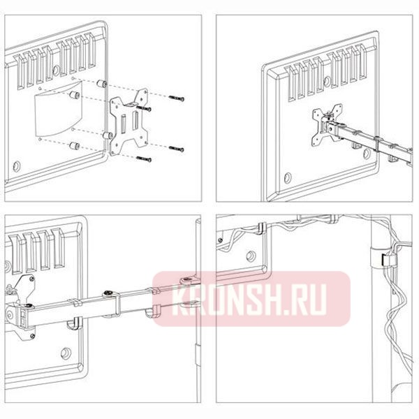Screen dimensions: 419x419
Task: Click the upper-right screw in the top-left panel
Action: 177,98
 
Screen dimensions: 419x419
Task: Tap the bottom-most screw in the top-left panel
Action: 144,159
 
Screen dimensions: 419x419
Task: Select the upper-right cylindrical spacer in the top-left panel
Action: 102,84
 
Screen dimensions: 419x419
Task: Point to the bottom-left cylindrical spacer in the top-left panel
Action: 74,146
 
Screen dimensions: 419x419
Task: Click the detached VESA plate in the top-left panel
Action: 128,122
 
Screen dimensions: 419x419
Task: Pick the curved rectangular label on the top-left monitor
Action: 58,109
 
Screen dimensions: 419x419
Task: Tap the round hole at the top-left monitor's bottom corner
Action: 17,166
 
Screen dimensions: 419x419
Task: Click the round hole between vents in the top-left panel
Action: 56,71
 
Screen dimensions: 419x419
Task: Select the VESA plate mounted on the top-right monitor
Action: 327,125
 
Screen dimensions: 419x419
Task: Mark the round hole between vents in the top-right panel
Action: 327,82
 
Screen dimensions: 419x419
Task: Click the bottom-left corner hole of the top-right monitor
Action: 288,177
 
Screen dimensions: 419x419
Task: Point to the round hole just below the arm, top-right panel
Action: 367,154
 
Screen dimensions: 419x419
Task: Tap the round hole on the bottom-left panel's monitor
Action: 66,353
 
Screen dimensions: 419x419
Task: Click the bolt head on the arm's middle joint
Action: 109,293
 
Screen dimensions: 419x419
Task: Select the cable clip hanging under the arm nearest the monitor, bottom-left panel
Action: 75,323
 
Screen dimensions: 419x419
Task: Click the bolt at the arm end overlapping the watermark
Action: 187,280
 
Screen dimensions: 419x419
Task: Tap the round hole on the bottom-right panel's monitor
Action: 251,256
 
